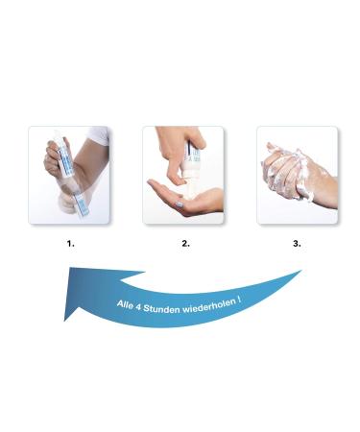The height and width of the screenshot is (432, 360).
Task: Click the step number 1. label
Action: click(70, 244)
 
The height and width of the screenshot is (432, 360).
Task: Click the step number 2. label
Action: click(185, 244)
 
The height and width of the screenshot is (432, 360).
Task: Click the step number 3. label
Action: click(297, 244)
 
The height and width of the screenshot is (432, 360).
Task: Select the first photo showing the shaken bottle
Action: click(70, 176)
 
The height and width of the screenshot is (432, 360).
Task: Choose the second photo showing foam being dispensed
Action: click(183, 176)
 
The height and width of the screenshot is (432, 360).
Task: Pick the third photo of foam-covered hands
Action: click(297, 176)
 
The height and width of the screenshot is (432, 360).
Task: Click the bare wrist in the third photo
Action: click(322, 192)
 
